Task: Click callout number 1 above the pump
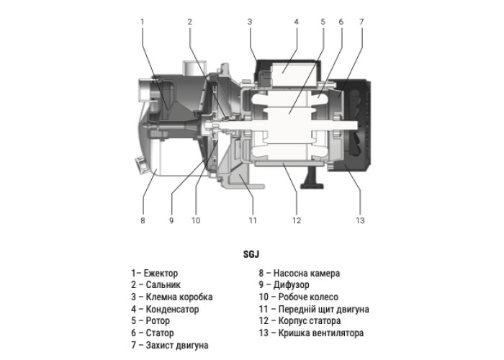tap(143, 22)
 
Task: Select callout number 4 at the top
tap(297, 22)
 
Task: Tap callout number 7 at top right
tap(361, 22)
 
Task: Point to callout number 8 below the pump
tap(143, 220)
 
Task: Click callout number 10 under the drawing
tap(196, 220)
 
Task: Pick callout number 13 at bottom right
tap(360, 220)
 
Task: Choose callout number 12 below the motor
tap(297, 220)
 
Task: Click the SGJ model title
tap(251, 254)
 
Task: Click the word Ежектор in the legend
tap(161, 273)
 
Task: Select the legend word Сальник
tap(163, 285)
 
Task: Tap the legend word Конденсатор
tap(172, 309)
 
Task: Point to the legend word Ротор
tap(158, 321)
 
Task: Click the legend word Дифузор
tap(291, 285)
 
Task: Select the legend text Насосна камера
tap(307, 273)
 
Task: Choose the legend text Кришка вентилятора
tap(321, 333)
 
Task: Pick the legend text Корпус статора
tap(310, 321)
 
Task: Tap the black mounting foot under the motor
tap(312, 178)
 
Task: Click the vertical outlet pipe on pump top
tap(193, 68)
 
